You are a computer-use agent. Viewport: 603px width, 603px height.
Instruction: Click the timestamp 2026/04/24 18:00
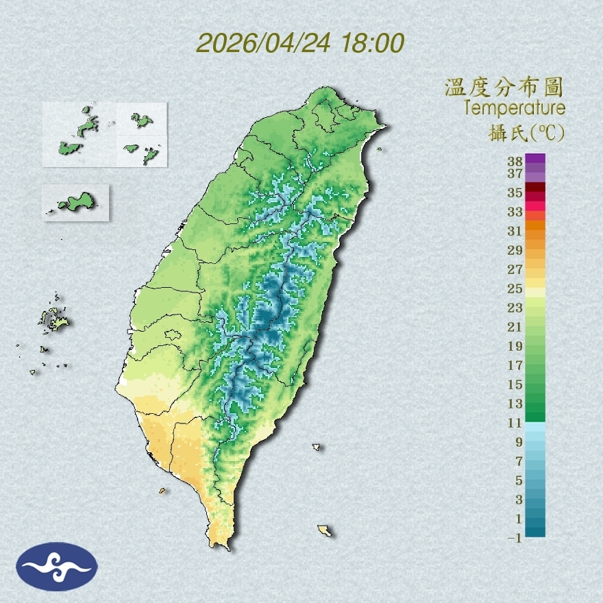(x=300, y=43)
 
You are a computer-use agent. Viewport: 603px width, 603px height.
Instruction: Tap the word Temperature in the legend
(x=514, y=108)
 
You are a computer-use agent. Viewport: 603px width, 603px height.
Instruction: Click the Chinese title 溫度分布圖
(x=504, y=88)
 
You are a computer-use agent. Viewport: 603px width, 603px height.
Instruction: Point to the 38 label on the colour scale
(x=515, y=162)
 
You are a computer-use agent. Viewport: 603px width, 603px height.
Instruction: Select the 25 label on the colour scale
(x=515, y=288)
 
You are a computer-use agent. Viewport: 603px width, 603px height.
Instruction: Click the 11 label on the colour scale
(x=515, y=423)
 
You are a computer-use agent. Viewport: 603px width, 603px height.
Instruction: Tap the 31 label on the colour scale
(x=515, y=230)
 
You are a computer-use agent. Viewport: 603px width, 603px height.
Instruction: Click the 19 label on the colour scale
(x=515, y=346)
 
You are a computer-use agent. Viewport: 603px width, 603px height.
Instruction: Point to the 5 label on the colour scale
(x=519, y=480)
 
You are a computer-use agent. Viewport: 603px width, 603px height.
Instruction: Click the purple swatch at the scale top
(x=536, y=158)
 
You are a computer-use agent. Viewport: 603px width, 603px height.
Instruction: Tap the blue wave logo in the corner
(x=57, y=567)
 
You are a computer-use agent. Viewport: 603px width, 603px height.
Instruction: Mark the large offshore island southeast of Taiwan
(x=325, y=530)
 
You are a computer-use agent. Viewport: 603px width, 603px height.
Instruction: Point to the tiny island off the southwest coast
(x=162, y=491)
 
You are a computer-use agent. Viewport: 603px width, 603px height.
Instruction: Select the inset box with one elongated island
(x=75, y=203)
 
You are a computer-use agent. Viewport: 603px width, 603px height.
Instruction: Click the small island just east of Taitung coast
(x=317, y=447)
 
